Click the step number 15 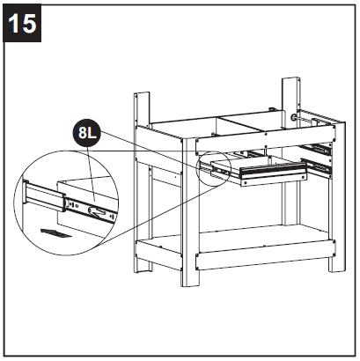(x=24, y=23)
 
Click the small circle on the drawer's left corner (x=214, y=167)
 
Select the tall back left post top (x=138, y=101)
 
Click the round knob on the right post (x=296, y=115)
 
